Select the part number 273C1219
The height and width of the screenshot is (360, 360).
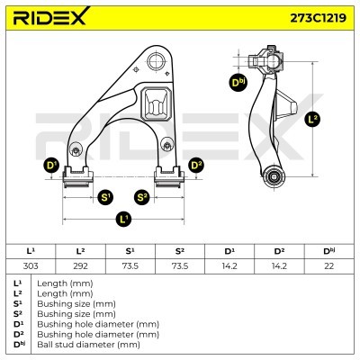[318, 18]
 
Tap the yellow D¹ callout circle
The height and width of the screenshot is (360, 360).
[51, 166]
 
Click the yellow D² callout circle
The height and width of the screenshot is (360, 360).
[196, 166]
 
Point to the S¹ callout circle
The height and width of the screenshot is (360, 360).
[105, 198]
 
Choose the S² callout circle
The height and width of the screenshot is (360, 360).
[142, 198]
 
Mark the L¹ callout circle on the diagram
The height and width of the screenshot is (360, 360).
[123, 220]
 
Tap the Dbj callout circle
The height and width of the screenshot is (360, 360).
[238, 83]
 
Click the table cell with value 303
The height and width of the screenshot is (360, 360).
[31, 265]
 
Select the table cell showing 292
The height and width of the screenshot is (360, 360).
[80, 265]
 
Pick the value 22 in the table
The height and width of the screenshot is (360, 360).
[329, 265]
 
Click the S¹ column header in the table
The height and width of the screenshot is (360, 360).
[130, 251]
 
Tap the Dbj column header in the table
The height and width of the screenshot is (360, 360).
[329, 251]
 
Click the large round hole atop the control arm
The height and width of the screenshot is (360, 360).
[157, 61]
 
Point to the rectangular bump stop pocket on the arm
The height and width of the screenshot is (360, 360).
[156, 104]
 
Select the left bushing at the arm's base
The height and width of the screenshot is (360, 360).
[77, 177]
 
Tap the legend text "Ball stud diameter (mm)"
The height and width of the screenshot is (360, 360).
[88, 345]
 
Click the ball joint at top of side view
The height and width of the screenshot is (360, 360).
[267, 61]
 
